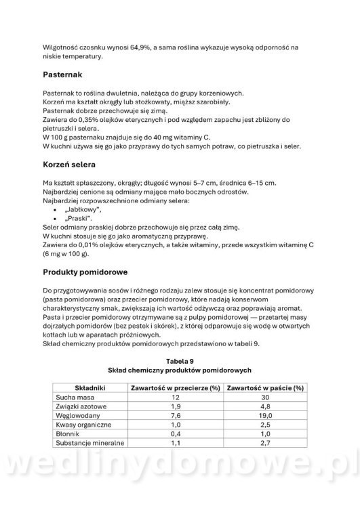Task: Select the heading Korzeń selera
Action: tap(74, 165)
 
